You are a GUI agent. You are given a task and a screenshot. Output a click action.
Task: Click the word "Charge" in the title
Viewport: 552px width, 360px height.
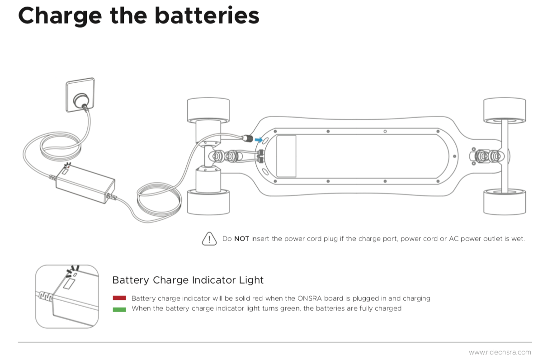coord(60,16)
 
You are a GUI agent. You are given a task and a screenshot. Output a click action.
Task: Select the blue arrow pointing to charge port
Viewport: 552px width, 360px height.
coord(258,140)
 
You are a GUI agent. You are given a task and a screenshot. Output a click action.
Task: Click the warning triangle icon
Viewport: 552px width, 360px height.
coord(209,238)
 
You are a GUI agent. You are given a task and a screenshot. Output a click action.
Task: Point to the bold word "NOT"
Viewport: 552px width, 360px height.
coord(241,239)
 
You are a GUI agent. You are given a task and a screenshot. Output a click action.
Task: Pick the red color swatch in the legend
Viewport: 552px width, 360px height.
coord(119,298)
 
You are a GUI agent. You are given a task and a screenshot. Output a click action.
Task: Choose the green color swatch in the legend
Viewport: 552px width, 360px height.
coord(119,309)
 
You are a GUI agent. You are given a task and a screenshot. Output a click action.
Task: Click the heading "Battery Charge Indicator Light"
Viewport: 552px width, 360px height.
coord(188,280)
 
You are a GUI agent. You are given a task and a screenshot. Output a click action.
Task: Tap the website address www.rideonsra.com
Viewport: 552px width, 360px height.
coord(500,352)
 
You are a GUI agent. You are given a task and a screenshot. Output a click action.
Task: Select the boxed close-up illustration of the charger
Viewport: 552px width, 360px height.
coord(67,296)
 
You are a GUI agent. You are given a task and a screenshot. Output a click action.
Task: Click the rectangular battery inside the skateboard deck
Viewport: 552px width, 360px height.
coord(286,156)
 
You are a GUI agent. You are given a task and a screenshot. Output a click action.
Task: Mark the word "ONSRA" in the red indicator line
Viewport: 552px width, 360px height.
coord(309,298)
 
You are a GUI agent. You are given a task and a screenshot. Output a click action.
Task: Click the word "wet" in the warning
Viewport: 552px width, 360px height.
coord(518,239)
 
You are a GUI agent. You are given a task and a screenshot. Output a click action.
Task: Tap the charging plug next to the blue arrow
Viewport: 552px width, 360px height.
coord(247,138)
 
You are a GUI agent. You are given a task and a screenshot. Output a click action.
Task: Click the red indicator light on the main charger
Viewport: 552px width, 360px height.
coord(68,166)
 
